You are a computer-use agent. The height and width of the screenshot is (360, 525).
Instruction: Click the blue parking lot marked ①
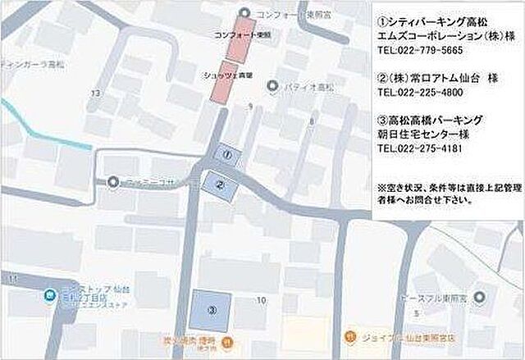tap(229, 153)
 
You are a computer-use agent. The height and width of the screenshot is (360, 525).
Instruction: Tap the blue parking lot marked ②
tap(220, 185)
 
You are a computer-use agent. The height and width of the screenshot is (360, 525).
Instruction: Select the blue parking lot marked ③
tap(211, 310)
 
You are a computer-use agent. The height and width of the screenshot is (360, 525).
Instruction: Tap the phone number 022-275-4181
tap(420, 148)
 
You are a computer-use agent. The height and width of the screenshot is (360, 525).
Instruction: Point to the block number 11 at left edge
tap(11, 280)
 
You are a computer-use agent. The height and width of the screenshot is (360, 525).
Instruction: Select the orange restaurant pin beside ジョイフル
tap(351, 335)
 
